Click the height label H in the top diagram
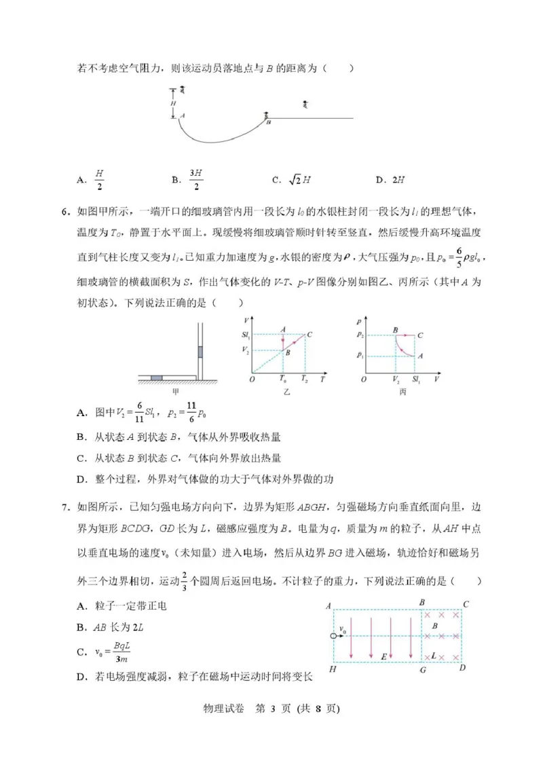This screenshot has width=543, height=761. pos(174,103)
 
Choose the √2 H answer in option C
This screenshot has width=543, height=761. pos(299,180)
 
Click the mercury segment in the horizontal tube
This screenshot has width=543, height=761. pos(157,377)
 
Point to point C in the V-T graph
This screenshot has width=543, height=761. pos(310,334)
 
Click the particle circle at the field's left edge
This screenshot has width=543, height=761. pos(333,635)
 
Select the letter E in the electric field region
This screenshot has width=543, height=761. pos(383,657)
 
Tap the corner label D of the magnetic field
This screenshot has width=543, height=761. pos(463,669)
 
